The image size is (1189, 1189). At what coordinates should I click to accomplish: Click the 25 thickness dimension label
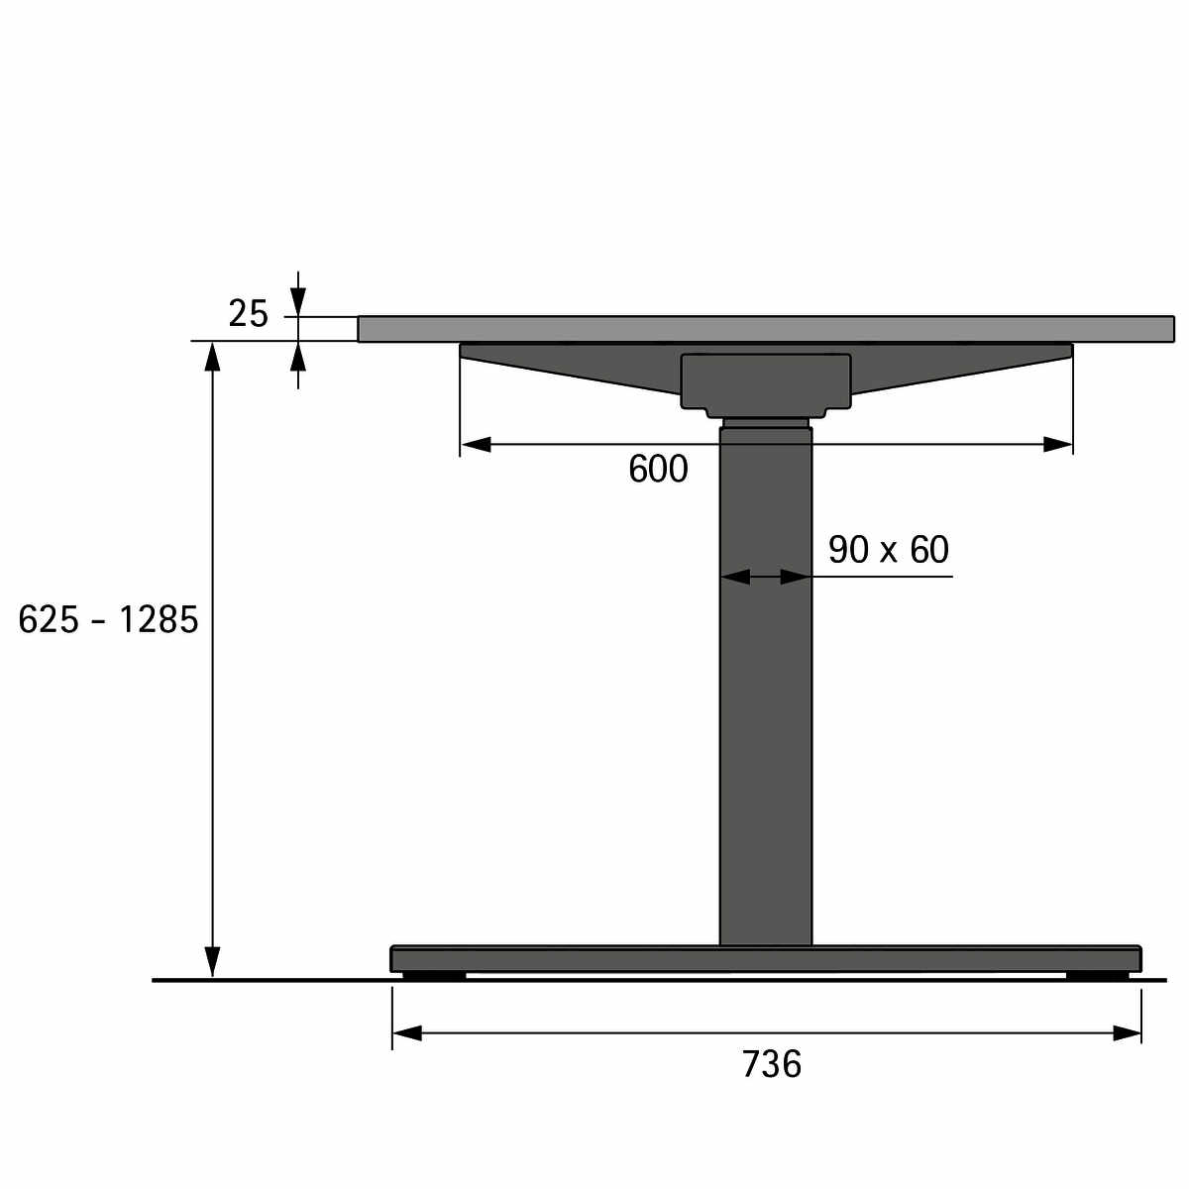pos(248,314)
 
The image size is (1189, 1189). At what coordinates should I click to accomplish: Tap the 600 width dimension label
pos(658,470)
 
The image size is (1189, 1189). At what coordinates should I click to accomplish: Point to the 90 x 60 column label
pos(888,550)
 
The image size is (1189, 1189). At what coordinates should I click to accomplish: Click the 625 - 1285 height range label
pos(108,619)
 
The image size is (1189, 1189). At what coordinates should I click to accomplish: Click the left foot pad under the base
pos(434,976)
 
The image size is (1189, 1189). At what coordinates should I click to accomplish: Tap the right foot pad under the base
pos(1097,976)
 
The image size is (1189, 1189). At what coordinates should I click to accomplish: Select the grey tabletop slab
pos(766,328)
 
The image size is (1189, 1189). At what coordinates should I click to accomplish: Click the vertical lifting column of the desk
pos(765,685)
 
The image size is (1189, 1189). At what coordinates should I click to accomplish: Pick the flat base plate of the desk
pos(766,958)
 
